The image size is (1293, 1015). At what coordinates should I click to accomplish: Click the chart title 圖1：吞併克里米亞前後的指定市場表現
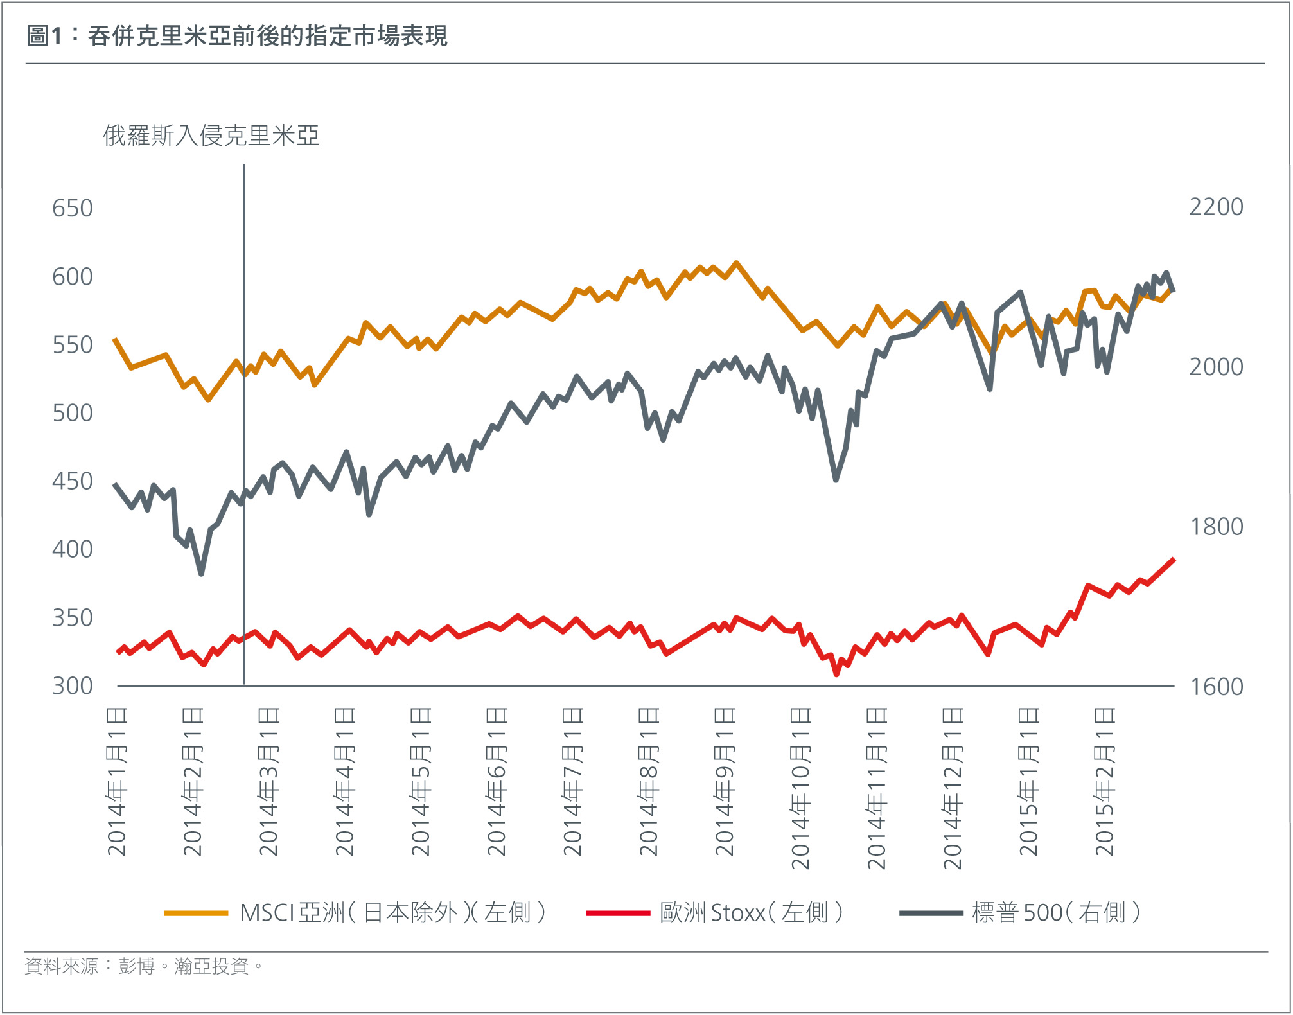pyautogui.click(x=236, y=35)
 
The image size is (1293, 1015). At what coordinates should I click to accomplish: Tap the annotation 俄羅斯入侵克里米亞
pyautogui.click(x=211, y=136)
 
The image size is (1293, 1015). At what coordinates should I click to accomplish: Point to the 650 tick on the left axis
pyautogui.click(x=72, y=208)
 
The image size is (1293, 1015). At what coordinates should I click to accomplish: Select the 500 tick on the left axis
pyautogui.click(x=72, y=412)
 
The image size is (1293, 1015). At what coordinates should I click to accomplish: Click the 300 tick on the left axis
pyautogui.click(x=72, y=685)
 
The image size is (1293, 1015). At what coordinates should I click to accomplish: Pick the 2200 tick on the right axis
pyautogui.click(x=1216, y=207)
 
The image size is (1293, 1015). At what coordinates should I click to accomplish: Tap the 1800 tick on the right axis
pyautogui.click(x=1216, y=527)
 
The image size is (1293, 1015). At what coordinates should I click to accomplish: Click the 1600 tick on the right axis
pyautogui.click(x=1216, y=687)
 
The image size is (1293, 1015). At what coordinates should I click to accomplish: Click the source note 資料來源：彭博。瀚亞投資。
pyautogui.click(x=144, y=966)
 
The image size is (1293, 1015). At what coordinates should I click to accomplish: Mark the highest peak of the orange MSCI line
pyautogui.click(x=736, y=263)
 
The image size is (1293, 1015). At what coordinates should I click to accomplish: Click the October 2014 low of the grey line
pyautogui.click(x=836, y=479)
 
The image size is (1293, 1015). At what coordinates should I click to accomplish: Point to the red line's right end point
pyautogui.click(x=1174, y=560)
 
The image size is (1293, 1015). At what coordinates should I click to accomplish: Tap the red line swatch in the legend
pyautogui.click(x=618, y=913)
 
